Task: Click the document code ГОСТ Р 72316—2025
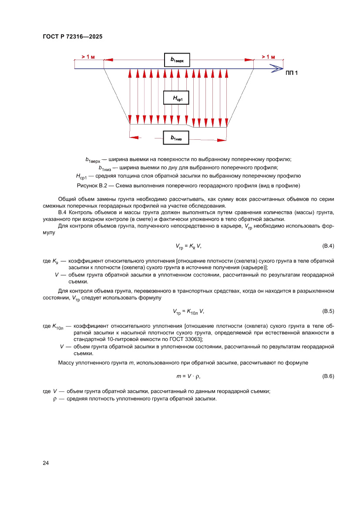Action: click(x=73, y=37)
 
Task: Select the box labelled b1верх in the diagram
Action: click(x=177, y=60)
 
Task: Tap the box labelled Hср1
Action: click(x=176, y=98)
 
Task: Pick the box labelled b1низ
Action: click(x=176, y=138)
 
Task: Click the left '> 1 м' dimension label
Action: click(x=88, y=57)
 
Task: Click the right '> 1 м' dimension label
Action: click(x=268, y=57)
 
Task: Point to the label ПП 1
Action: click(x=292, y=73)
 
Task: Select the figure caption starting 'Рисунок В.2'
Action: click(x=188, y=185)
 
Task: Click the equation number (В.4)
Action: click(x=328, y=246)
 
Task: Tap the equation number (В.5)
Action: click(x=328, y=311)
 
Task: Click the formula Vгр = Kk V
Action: click(x=188, y=246)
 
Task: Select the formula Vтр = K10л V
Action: click(x=188, y=311)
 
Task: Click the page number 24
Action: click(x=46, y=463)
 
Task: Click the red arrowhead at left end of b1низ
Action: click(x=134, y=138)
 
